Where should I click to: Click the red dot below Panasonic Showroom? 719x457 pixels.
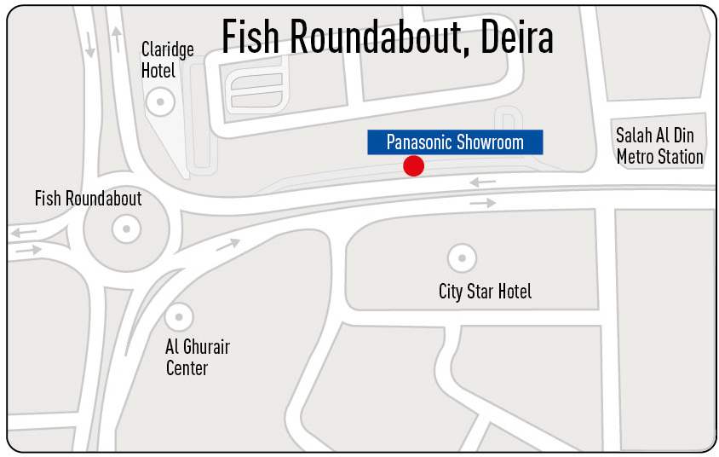[413, 165]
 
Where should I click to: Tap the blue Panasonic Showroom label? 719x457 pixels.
[455, 142]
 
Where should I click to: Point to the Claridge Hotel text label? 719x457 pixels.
[168, 60]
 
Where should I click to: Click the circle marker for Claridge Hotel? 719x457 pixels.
[158, 102]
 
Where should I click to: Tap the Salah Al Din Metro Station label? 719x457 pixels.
[659, 146]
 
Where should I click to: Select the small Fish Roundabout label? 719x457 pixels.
[88, 199]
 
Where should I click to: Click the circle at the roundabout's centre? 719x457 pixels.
[126, 228]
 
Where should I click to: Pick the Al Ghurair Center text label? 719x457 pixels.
[197, 358]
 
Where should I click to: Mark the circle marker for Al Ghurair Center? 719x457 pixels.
[178, 317]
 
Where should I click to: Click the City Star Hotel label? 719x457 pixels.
[485, 292]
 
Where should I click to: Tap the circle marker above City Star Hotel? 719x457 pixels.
[462, 257]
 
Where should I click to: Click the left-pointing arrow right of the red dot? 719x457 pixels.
[482, 182]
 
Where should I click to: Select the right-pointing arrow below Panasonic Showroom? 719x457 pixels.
[482, 203]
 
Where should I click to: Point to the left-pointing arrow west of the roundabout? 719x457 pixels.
[23, 232]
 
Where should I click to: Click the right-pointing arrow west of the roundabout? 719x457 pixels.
[28, 250]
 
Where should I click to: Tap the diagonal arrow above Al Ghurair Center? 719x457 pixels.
[228, 245]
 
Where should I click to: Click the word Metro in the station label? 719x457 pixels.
[636, 157]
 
